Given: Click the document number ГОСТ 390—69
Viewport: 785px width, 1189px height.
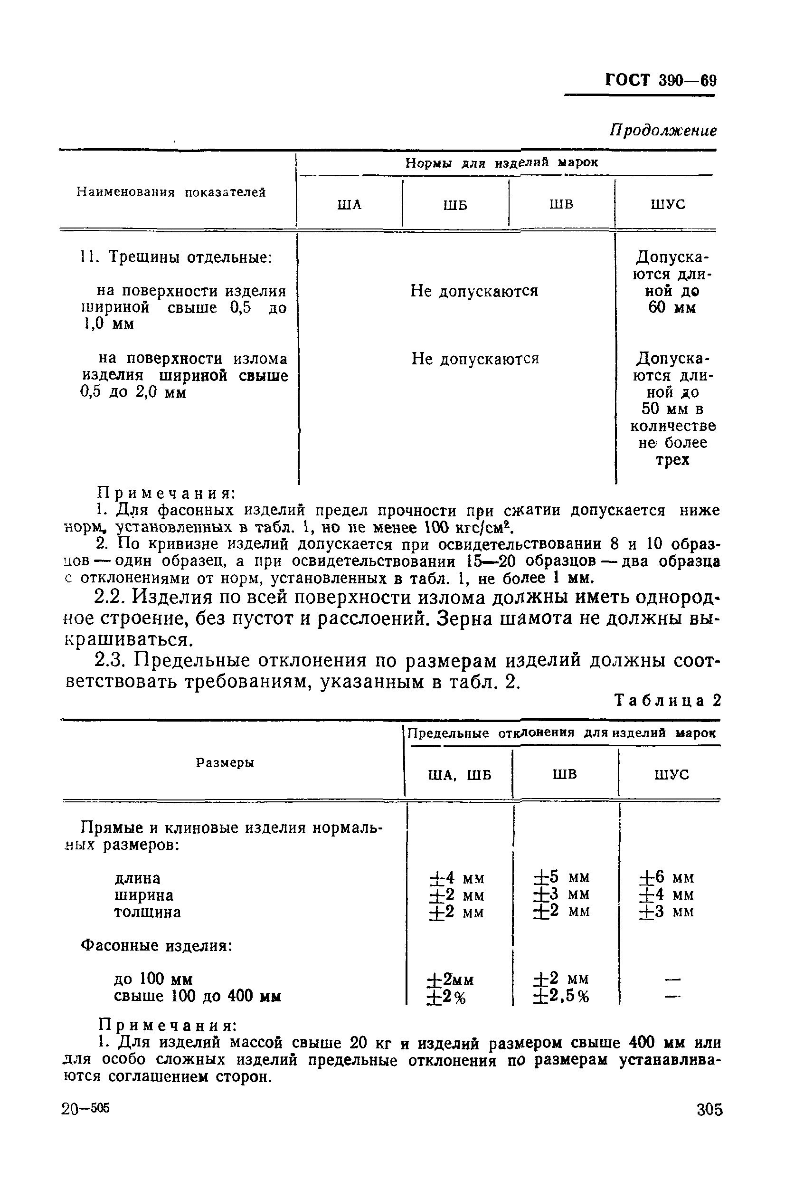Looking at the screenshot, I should click(661, 80).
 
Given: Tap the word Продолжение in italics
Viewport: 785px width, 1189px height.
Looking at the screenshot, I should click(663, 131).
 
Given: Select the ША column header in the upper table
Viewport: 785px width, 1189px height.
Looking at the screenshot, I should click(350, 204).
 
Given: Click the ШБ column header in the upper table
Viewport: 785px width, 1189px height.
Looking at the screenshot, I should click(455, 205).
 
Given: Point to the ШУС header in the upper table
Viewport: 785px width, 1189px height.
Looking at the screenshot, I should click(668, 204).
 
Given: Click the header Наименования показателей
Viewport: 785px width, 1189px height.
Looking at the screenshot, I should click(171, 192).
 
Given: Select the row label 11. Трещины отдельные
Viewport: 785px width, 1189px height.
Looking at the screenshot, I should click(176, 257).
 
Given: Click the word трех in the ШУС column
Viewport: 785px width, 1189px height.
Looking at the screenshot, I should click(672, 459).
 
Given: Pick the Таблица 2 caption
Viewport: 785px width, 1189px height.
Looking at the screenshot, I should click(667, 700).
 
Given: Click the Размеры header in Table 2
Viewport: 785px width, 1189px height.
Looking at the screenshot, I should click(225, 762).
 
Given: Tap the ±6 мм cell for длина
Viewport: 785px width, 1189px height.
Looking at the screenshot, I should click(667, 877).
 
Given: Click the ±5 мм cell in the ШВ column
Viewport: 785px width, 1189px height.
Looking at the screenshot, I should click(562, 877).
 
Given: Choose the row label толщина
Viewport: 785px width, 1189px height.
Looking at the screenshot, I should click(148, 912).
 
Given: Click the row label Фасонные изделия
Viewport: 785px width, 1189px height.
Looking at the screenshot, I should click(157, 946).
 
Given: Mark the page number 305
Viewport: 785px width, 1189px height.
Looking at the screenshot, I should click(709, 1109).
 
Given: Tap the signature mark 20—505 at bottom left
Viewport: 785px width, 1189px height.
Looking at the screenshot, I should click(85, 1109).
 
